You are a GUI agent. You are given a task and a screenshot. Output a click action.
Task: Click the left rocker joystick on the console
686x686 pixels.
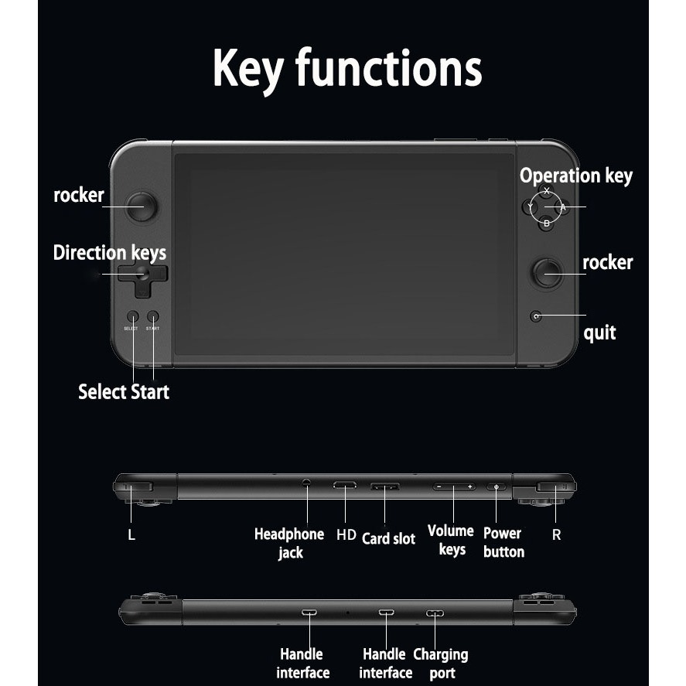pos(141,206)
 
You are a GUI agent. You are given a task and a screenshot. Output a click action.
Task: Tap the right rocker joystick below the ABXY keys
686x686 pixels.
pos(548,271)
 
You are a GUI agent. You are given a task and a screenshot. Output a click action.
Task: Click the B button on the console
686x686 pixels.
pos(546,224)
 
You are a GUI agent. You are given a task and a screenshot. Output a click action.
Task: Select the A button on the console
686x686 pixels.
pos(563,206)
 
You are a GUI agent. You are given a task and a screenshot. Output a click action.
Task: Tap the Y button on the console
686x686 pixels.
pos(530,206)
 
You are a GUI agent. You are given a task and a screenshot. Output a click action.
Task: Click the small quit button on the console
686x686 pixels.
pos(535,316)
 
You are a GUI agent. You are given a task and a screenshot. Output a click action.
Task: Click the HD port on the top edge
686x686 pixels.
pos(344,486)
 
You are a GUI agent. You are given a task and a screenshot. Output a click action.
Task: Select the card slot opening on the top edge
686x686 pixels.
pos(385,486)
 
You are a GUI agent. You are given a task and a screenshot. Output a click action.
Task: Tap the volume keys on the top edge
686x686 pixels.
pos(453,486)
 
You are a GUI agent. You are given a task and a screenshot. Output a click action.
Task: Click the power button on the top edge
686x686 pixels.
pos(496,487)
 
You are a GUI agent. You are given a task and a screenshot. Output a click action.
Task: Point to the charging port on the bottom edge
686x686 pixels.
pos(435,613)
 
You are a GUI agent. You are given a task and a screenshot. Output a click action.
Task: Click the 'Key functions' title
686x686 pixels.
pos(346,70)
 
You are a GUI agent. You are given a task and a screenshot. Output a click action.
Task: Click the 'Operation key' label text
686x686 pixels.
pos(575,176)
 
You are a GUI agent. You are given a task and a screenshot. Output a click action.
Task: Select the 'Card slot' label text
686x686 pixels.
pos(388,538)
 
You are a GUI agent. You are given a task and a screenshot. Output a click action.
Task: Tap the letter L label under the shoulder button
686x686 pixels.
pos(131,534)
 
